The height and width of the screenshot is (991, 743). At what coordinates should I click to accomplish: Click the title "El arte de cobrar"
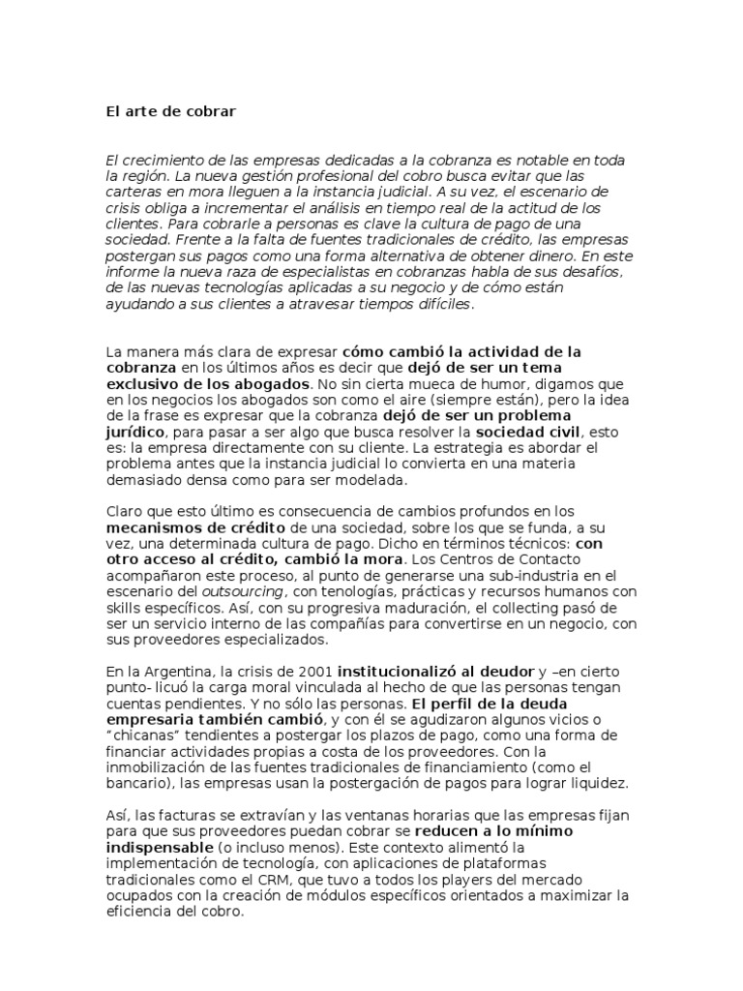[171, 111]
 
